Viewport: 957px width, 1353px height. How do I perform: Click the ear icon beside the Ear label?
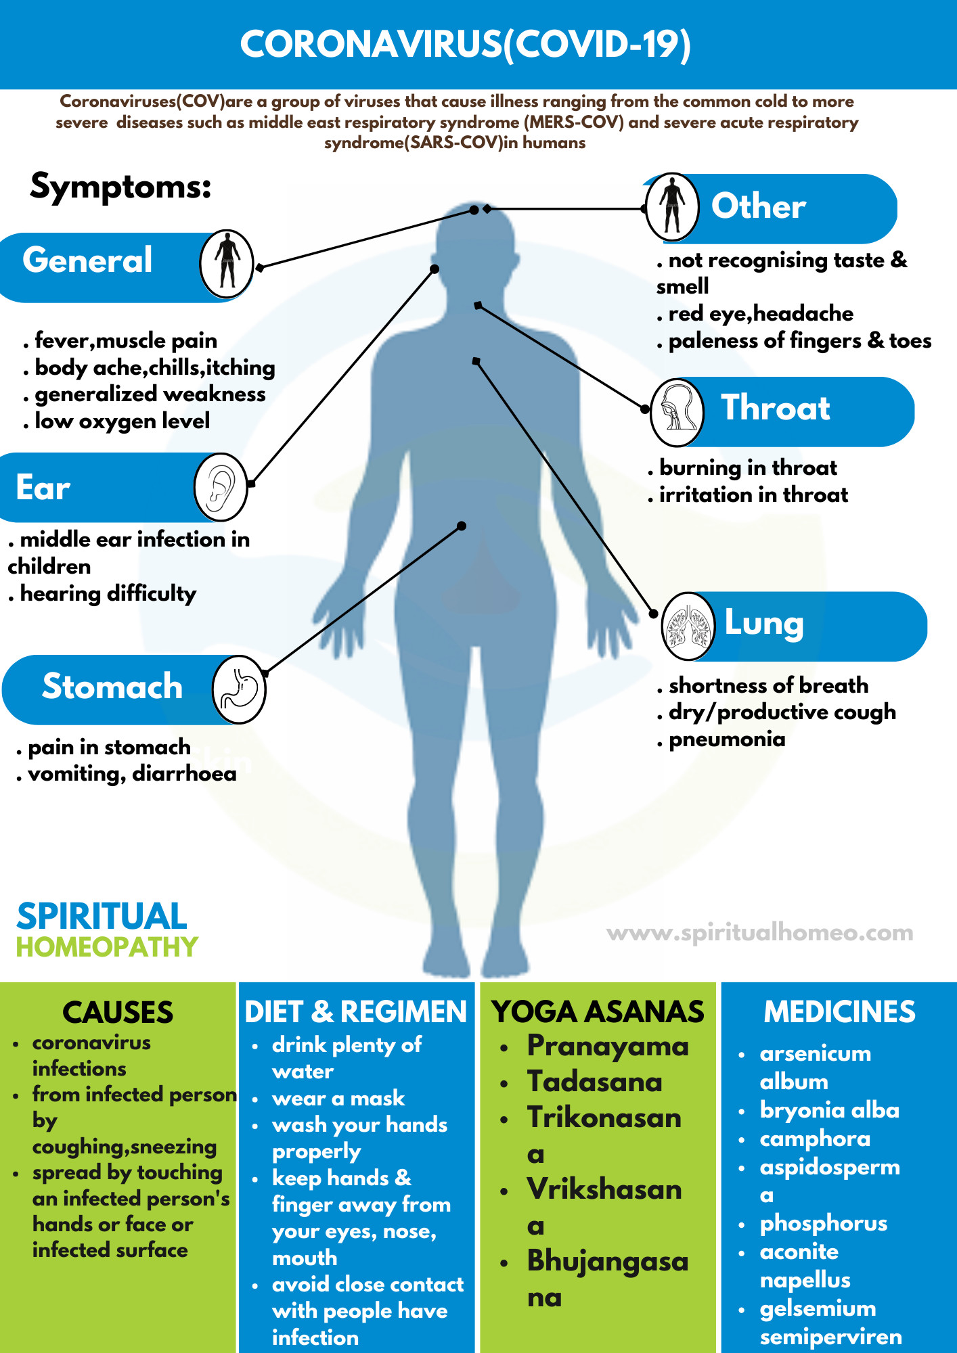(x=221, y=487)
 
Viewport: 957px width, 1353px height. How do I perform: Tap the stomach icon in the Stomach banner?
(x=239, y=689)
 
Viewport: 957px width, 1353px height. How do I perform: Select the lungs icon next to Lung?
(x=688, y=626)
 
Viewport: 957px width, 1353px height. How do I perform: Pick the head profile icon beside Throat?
(x=677, y=412)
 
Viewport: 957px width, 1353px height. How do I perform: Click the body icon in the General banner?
(x=227, y=264)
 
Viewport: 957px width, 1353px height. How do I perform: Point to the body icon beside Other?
(x=672, y=208)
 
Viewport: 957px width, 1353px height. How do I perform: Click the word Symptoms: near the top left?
(x=121, y=186)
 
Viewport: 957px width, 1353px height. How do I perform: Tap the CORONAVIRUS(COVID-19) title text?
(x=466, y=45)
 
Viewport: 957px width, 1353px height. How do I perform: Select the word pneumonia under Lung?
(x=727, y=739)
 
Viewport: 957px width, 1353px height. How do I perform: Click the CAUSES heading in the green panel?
(x=118, y=1012)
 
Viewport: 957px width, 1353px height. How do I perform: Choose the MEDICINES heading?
(x=839, y=1012)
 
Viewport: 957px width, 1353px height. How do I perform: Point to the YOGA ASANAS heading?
(x=598, y=1012)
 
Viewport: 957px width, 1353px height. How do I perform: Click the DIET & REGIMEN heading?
(x=356, y=1012)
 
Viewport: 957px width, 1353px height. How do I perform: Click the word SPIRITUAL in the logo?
(x=102, y=917)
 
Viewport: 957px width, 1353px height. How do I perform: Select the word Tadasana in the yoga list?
(x=595, y=1081)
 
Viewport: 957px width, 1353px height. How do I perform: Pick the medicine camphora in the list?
(x=815, y=1139)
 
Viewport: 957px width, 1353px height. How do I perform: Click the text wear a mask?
(x=338, y=1098)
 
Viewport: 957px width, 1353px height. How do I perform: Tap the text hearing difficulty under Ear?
(x=108, y=594)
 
